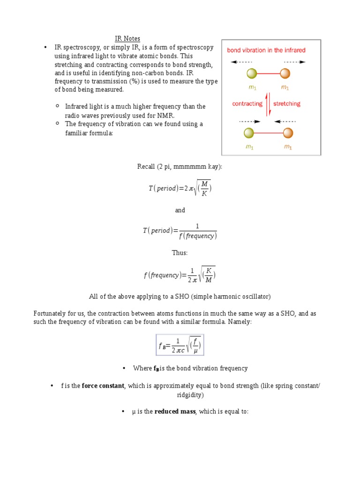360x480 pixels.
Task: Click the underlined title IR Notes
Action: click(x=127, y=38)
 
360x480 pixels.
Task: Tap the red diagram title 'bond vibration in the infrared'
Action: click(x=266, y=50)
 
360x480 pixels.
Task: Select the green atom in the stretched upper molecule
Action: click(x=251, y=74)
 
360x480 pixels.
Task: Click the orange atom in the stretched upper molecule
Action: click(x=285, y=74)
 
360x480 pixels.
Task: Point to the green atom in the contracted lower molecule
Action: click(x=249, y=134)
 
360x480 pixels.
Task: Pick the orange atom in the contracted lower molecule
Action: click(x=288, y=134)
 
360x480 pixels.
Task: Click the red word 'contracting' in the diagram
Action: click(x=247, y=104)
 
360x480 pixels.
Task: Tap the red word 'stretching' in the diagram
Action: click(x=286, y=104)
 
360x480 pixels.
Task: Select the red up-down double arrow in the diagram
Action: click(x=268, y=104)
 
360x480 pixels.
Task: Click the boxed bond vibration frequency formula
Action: click(x=180, y=345)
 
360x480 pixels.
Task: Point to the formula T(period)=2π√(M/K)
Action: click(x=180, y=188)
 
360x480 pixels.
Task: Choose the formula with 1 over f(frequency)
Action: click(x=180, y=231)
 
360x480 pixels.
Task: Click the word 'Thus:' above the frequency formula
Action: click(x=180, y=253)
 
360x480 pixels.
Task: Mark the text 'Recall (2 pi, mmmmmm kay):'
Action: click(x=176, y=166)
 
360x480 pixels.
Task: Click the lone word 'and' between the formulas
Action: click(x=180, y=210)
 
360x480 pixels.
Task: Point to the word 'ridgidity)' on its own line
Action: click(x=190, y=395)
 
